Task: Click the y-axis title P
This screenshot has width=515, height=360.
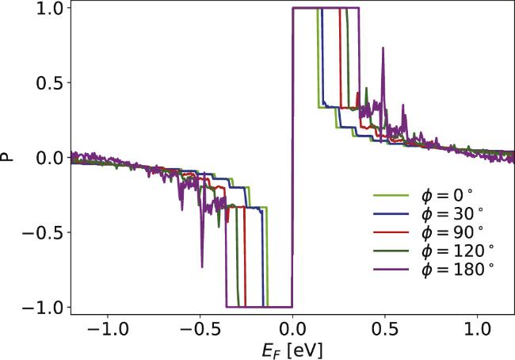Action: pyautogui.click(x=9, y=157)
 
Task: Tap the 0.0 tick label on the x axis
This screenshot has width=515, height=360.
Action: pyautogui.click(x=293, y=328)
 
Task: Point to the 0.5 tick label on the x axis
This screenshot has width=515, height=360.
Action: pyautogui.click(x=386, y=328)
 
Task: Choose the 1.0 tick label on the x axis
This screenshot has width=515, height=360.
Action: pyautogui.click(x=479, y=328)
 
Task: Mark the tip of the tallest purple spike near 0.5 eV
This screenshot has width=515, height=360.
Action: pyautogui.click(x=383, y=48)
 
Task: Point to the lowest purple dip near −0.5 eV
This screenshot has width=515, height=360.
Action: pyautogui.click(x=202, y=266)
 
